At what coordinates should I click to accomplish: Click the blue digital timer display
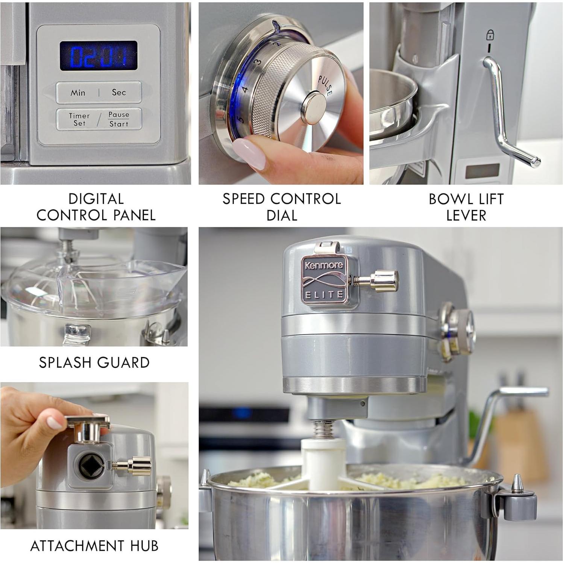coord(99,56)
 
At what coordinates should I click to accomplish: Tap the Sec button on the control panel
coord(119,93)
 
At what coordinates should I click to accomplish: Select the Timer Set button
coord(79,120)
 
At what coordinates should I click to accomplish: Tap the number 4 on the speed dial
coord(245,90)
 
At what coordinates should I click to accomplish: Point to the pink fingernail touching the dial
coord(250,152)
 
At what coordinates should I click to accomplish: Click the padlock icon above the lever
coord(490,35)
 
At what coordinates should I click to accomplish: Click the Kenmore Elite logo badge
coord(324,279)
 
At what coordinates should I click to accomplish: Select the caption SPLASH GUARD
coord(94,362)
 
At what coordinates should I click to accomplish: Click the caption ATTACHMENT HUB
coord(94,546)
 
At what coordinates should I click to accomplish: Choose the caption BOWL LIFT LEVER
coord(466,207)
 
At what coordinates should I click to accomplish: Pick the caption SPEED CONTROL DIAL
coord(281,207)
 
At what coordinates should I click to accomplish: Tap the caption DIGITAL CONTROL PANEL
coord(96,207)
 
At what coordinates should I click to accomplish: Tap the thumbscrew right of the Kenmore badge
coord(378,281)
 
